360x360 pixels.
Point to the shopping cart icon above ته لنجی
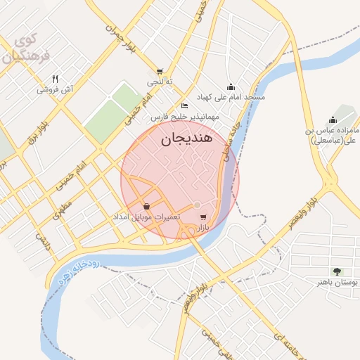160,71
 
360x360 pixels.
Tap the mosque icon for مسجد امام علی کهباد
231,86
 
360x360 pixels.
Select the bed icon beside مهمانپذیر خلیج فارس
184,105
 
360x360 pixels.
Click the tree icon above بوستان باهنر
338,271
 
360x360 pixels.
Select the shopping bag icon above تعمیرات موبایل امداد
146,206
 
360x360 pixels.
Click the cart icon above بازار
203,217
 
